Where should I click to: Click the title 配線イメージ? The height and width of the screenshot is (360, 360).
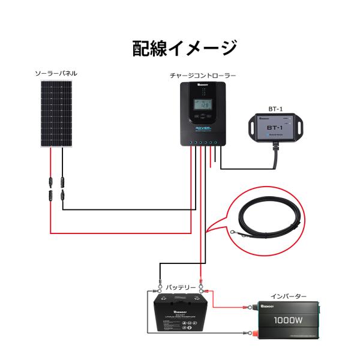coord(184,48)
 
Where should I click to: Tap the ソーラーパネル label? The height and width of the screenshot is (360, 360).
coord(56,74)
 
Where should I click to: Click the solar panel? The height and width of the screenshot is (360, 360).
coord(56,113)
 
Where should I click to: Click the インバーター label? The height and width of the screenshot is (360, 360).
coord(288,296)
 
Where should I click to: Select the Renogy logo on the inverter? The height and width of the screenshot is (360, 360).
coord(269,306)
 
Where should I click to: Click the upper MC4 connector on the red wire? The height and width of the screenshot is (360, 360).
coord(50,181)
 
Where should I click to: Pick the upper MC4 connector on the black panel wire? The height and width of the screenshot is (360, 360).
coord(62,181)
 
